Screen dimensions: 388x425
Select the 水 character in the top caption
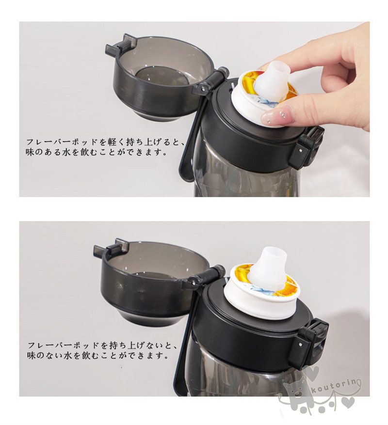tap(67, 152)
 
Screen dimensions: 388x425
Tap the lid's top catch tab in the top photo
tap(119, 45)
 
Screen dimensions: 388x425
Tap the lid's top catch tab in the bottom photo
tap(108, 249)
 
